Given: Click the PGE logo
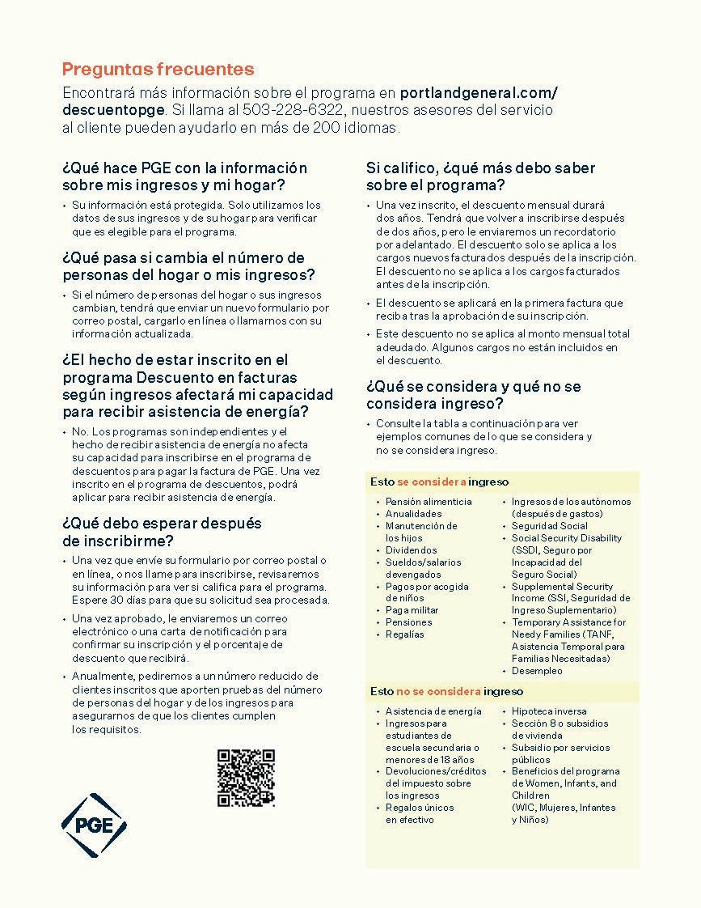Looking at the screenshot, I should pos(94,825).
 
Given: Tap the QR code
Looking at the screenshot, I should pos(246,778).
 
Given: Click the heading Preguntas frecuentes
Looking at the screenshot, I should pos(158,70).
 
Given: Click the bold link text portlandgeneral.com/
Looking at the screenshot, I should pos(479,91).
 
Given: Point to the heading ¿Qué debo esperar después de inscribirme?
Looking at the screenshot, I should pos(162,532).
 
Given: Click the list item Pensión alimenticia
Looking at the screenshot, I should pos(428,502).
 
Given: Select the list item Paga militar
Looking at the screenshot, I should pos(412,610).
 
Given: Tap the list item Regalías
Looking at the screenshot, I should pos(404,634).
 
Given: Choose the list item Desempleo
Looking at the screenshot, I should pos(537,671).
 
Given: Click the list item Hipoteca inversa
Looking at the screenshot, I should pos(549,711).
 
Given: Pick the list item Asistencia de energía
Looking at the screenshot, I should pos(433,711).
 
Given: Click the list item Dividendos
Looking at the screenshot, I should pos(411,550).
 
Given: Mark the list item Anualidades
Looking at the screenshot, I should pos(413,514).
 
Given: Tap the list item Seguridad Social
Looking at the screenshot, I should pos(549,526).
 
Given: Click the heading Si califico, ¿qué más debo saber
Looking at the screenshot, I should pos(480,168).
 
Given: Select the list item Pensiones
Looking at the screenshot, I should pos(408,622).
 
